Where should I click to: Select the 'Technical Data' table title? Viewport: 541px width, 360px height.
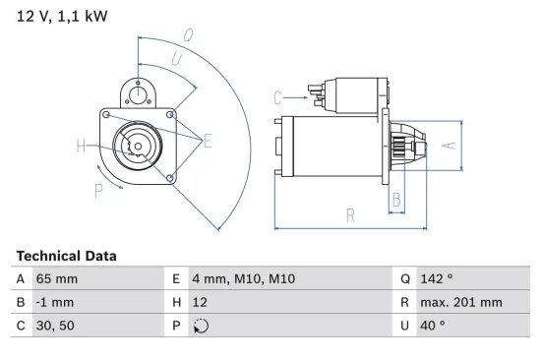(66, 256)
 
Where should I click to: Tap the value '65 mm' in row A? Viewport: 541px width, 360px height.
(57, 278)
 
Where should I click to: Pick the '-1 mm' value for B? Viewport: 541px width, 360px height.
(56, 303)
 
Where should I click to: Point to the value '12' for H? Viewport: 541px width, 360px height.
(201, 303)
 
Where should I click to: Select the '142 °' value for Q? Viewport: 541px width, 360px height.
(438, 278)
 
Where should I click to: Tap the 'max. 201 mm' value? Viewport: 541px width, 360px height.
(462, 303)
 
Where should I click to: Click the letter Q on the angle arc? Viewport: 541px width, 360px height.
(187, 36)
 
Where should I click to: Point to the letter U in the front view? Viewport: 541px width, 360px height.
(175, 61)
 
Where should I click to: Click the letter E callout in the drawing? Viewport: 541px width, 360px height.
(208, 143)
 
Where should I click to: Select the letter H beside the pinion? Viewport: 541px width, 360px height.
(81, 149)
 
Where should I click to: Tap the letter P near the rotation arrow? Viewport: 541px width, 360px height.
(99, 191)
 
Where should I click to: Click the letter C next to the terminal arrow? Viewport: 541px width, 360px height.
(277, 96)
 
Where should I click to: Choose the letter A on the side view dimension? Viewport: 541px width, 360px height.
(447, 146)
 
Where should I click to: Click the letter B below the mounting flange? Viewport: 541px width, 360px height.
(395, 200)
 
